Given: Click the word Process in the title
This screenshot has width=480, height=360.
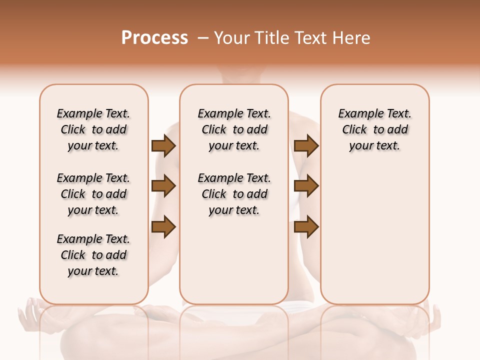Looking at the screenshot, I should tap(154, 38).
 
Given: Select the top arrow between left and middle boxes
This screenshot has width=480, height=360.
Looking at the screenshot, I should tap(163, 146).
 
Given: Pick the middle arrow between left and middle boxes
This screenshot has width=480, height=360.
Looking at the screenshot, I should tap(163, 186).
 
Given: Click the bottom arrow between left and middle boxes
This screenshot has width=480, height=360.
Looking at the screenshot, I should tap(163, 226).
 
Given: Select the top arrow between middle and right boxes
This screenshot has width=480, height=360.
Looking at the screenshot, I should tap(306, 146).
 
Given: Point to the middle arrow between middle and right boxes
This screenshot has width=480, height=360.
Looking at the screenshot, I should tap(306, 186).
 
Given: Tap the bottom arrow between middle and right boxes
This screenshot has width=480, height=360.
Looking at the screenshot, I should tap(306, 226).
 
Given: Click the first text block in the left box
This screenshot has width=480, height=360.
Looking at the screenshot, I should tap(93, 129).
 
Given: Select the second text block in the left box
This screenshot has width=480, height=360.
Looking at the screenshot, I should tap(93, 194).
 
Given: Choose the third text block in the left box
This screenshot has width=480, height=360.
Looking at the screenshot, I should tap(93, 255).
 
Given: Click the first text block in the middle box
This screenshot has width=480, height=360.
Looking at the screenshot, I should tap(234, 129).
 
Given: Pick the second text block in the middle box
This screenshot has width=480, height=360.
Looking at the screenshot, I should tap(234, 194).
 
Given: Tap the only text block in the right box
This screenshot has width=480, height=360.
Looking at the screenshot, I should tap(375, 129).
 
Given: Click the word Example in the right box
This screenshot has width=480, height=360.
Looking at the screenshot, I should tap(357, 114).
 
